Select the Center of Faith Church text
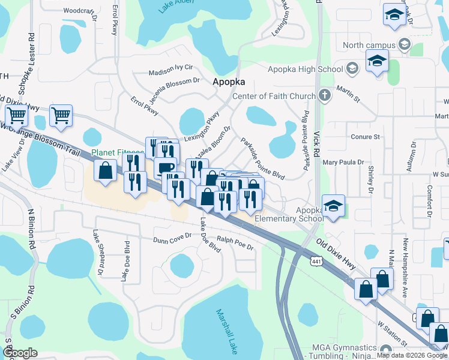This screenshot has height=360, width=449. point(273,96)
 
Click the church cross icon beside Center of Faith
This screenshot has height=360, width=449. point(324,95)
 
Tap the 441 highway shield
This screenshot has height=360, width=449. point(316,260)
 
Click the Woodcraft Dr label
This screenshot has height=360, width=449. point(80,11)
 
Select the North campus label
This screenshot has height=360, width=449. point(369,45)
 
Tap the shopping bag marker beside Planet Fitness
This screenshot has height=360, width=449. point(105,170)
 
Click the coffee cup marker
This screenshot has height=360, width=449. point(165,168)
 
